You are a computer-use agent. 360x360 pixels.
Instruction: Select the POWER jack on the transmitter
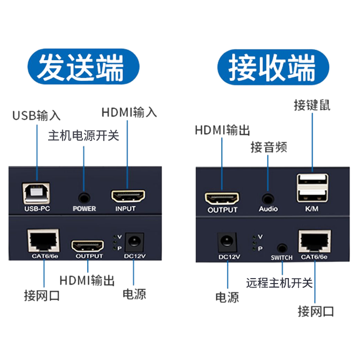[x=84, y=197]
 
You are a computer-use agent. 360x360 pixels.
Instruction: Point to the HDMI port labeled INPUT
[x=128, y=196]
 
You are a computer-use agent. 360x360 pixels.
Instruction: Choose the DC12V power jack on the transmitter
[x=134, y=242]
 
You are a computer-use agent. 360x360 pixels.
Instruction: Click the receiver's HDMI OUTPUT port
[x=222, y=198]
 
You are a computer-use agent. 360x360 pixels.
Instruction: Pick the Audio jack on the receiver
[x=268, y=198]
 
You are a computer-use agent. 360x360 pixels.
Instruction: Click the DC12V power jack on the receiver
[x=227, y=243]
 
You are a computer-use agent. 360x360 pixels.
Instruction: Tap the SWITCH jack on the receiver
[x=282, y=247]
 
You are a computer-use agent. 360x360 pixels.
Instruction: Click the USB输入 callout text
[x=36, y=116]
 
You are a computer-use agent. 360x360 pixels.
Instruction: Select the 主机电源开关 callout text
[x=83, y=135]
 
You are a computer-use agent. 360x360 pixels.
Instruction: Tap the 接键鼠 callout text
[x=312, y=105]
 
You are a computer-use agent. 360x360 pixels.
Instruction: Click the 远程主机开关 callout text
[x=279, y=283]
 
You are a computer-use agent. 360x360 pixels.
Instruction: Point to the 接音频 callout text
[x=269, y=147]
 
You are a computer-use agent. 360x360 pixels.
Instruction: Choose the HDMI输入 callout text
[x=129, y=112]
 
